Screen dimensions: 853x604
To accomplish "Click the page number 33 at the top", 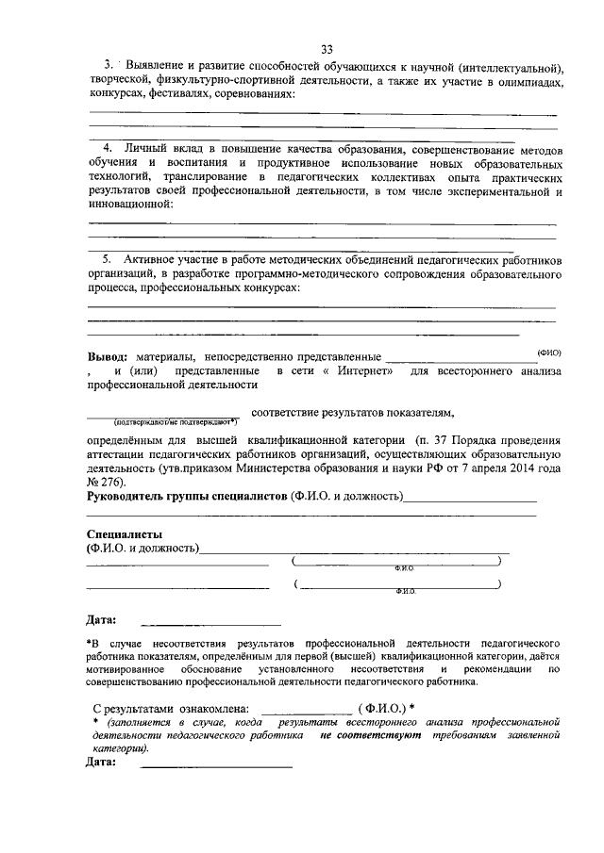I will tap(326, 49).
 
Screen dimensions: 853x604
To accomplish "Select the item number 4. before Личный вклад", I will tap(108, 149).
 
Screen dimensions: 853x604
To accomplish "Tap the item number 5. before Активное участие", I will tap(108, 257).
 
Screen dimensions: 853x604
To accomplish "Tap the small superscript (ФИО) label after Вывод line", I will tap(548, 352).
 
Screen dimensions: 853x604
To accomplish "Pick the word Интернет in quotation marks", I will tap(364, 371).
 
